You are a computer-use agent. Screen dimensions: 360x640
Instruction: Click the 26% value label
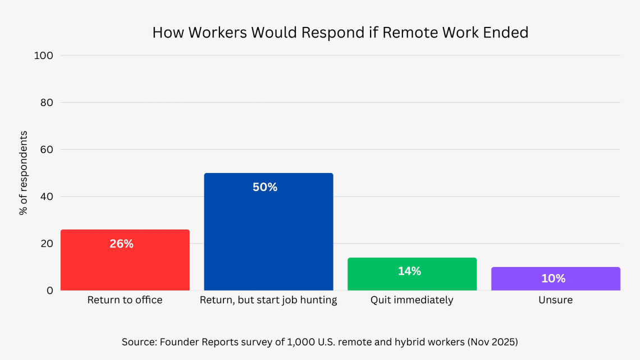[x=122, y=244]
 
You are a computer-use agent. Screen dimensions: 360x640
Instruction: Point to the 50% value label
[x=265, y=188]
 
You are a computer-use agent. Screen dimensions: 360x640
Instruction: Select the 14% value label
[x=409, y=271]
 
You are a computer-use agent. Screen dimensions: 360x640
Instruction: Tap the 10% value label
[x=553, y=279]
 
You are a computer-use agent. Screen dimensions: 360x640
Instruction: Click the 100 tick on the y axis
[x=44, y=56]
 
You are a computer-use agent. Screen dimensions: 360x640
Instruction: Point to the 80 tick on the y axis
[x=47, y=103]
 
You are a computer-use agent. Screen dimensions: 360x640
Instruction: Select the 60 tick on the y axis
[x=47, y=150]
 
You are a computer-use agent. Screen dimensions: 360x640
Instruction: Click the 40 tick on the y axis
[x=47, y=197]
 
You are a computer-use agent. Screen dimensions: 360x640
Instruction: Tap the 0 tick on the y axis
[x=50, y=290]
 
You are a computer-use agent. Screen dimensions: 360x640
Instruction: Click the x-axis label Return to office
[x=125, y=300]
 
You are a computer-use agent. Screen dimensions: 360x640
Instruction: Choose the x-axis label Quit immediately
[x=412, y=300]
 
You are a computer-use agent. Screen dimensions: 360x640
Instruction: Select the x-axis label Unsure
[x=555, y=300]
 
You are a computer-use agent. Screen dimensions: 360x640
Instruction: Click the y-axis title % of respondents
[x=24, y=173]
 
